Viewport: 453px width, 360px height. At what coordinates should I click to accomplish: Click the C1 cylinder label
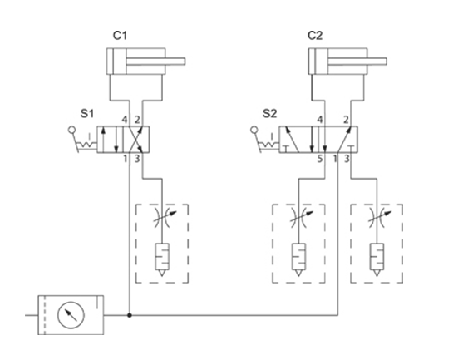point(120,36)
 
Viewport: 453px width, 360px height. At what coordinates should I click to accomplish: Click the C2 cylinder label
point(315,36)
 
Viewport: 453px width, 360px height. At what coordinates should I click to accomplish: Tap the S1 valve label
point(87,113)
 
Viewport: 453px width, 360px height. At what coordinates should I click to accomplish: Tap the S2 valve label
point(269,113)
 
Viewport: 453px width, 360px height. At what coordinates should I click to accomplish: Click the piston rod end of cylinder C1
point(184,62)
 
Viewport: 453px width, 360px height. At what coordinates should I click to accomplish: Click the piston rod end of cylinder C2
point(386,62)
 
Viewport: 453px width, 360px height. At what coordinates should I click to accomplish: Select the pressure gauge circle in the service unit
point(71,315)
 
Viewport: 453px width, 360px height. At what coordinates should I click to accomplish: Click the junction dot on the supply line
point(130,315)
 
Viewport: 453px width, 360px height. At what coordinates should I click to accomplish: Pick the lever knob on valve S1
point(71,130)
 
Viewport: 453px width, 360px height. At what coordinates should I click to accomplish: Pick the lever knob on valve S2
point(254,130)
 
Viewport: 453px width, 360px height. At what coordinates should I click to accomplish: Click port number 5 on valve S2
point(319,159)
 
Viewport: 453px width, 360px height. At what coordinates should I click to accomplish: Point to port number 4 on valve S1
point(125,120)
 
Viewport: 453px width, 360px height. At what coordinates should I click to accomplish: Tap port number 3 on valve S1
point(137,159)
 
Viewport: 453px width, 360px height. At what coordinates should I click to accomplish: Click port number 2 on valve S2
point(346,120)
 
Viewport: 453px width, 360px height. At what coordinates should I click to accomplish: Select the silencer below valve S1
point(162,259)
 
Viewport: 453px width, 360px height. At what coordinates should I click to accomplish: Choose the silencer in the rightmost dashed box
point(377,259)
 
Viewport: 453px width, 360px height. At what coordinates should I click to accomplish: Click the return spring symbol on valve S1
point(86,144)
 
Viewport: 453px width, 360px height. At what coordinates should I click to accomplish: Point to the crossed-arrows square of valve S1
point(136,140)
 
